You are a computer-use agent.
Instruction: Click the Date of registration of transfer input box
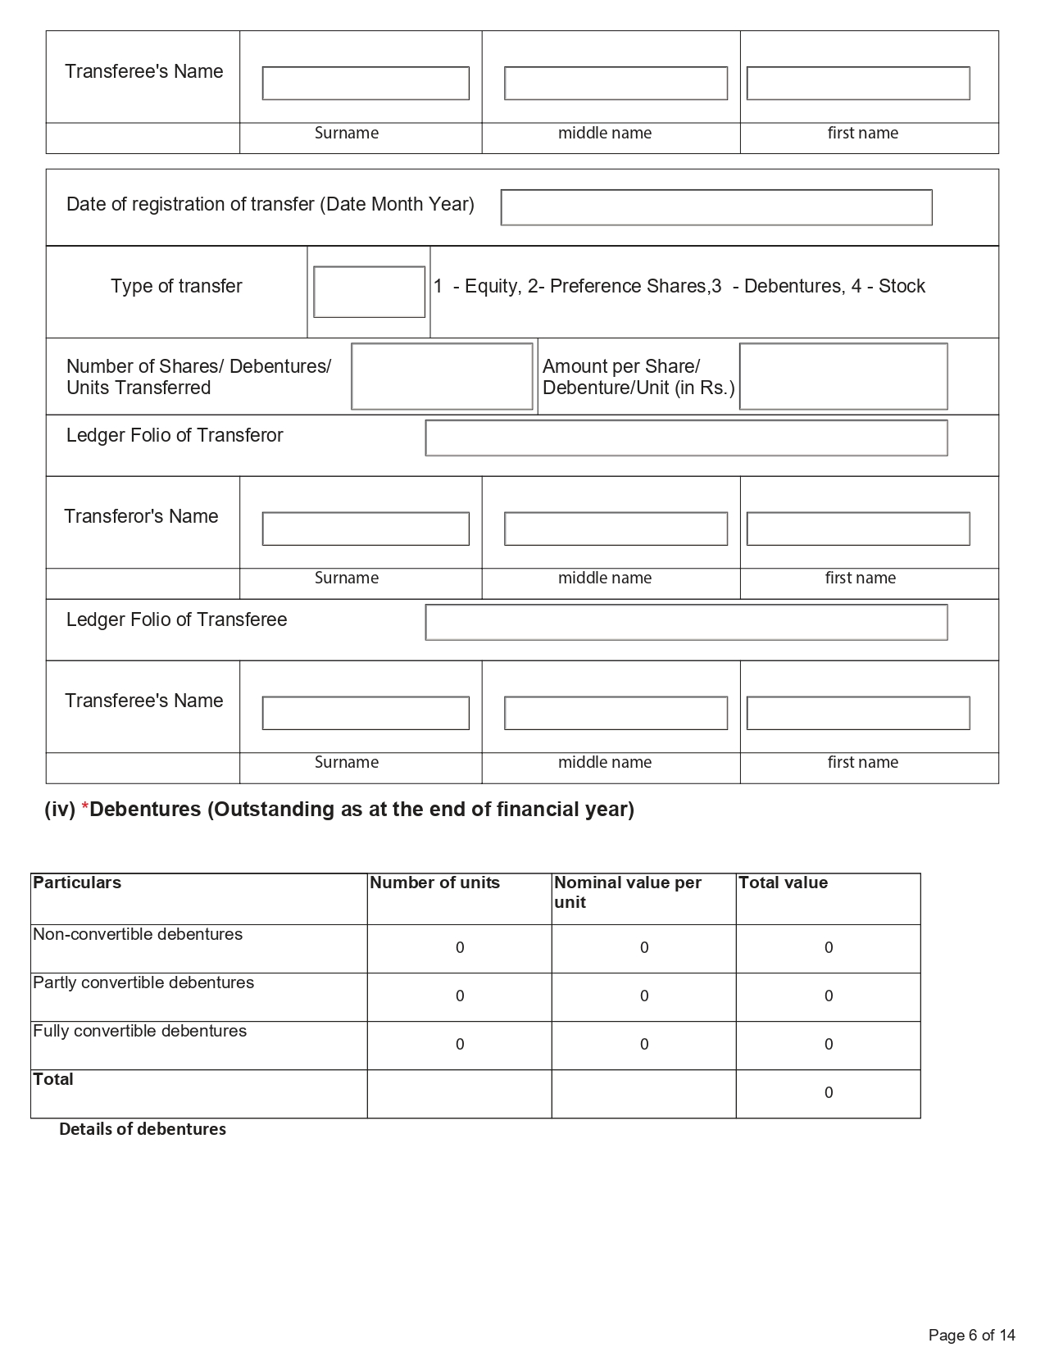click(716, 207)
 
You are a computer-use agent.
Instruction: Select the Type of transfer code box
click(369, 292)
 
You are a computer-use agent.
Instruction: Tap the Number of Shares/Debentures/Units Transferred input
click(442, 376)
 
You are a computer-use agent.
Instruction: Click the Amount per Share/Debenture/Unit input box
click(843, 376)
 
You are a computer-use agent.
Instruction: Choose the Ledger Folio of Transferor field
click(686, 438)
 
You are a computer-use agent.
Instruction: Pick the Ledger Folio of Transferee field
click(686, 622)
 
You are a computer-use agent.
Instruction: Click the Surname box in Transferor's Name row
click(366, 529)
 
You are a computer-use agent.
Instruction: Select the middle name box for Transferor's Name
click(616, 529)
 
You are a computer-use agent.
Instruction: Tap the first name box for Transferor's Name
click(857, 529)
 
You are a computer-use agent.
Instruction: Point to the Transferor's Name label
click(141, 516)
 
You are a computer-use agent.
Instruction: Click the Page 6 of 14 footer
click(971, 1335)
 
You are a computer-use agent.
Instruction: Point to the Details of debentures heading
click(143, 1129)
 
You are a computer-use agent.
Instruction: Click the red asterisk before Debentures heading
click(84, 810)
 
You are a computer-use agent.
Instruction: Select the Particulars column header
click(77, 882)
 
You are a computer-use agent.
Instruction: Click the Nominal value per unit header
click(628, 892)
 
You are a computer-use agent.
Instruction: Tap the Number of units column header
click(434, 882)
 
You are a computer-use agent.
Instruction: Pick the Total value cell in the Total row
click(828, 1093)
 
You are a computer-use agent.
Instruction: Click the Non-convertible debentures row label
click(138, 934)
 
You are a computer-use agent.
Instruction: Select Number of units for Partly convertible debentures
click(460, 996)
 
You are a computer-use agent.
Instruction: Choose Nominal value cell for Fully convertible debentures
click(644, 1045)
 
